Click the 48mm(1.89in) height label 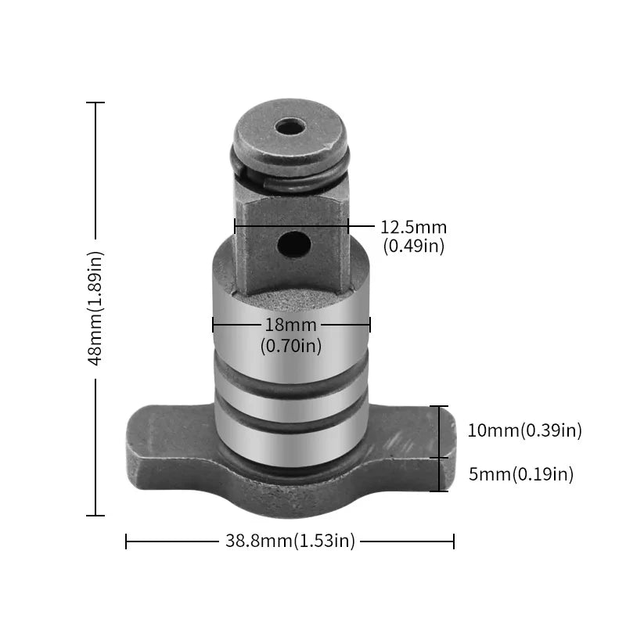pyautogui.click(x=95, y=308)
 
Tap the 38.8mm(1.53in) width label pyautogui.click(x=290, y=541)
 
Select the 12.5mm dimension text pyautogui.click(x=413, y=228)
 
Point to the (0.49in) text pyautogui.click(x=413, y=246)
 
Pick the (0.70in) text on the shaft pyautogui.click(x=290, y=344)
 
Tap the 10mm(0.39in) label pyautogui.click(x=524, y=430)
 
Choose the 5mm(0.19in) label pyautogui.click(x=520, y=474)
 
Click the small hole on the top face pyautogui.click(x=290, y=126)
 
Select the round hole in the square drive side pyautogui.click(x=293, y=244)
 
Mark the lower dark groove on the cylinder pyautogui.click(x=290, y=423)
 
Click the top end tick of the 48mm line pyautogui.click(x=95, y=103)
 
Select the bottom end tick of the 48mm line pyautogui.click(x=95, y=516)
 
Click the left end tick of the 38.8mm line pyautogui.click(x=126, y=541)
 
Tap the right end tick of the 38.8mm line pyautogui.click(x=454, y=541)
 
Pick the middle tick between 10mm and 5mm pyautogui.click(x=440, y=458)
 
